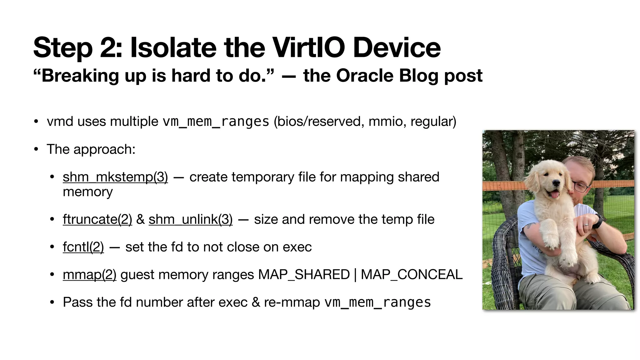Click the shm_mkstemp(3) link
coord(115,177)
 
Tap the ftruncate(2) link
coord(97,219)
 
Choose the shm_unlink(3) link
coord(190,219)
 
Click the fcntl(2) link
coord(83,247)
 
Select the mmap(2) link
coord(89,275)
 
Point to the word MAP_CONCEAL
coord(411,275)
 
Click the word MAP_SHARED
coord(304,275)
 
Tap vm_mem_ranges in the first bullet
coord(216,122)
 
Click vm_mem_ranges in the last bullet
coord(377,302)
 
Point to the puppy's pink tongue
coord(552,195)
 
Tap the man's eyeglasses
coord(581,186)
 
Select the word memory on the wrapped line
coord(87,192)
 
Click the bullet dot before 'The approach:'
coord(36,149)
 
